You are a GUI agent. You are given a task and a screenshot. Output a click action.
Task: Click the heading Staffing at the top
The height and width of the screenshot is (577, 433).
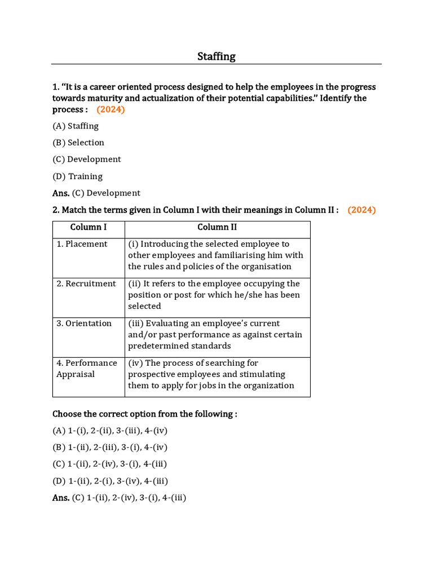[x=216, y=56]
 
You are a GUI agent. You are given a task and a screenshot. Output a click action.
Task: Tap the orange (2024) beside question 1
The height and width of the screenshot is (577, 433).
[x=110, y=109]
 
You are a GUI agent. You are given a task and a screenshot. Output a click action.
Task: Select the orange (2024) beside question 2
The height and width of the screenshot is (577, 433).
[x=361, y=210]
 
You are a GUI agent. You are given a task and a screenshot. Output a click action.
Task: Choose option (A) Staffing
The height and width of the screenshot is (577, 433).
[x=76, y=126]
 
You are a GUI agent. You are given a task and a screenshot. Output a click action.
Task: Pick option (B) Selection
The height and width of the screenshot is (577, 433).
[x=78, y=143]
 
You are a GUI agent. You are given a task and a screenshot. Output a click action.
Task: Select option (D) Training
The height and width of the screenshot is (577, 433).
[x=78, y=176]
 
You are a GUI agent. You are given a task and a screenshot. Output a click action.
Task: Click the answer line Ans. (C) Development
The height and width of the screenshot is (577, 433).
[x=96, y=193]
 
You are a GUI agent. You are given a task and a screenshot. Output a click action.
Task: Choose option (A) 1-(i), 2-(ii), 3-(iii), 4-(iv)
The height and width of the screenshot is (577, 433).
[x=110, y=430]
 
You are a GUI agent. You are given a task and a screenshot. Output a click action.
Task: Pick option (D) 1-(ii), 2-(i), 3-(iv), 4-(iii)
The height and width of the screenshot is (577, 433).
[x=110, y=481]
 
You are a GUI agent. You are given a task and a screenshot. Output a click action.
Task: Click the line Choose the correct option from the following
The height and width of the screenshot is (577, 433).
[x=145, y=414]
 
